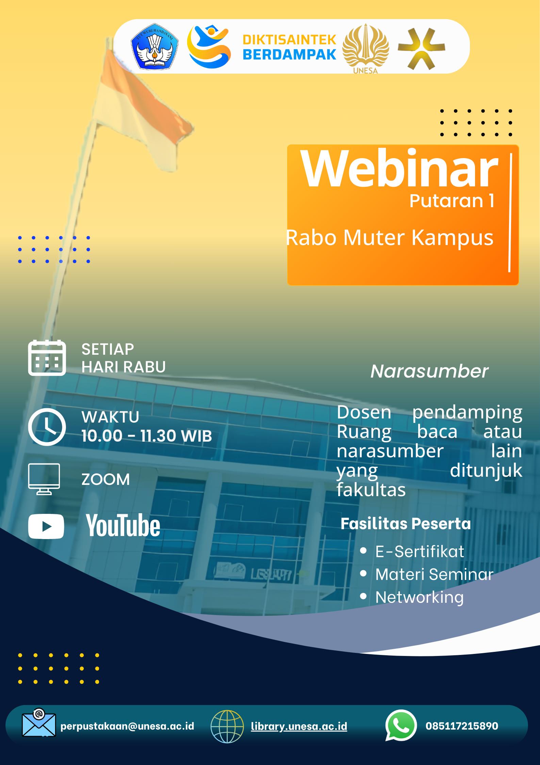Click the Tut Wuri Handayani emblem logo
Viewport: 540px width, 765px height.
(155, 47)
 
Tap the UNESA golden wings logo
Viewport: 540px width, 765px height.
(365, 48)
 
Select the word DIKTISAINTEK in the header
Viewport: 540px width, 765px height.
(290, 40)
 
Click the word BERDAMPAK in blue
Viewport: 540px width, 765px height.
(290, 55)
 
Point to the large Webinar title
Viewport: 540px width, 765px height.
(399, 169)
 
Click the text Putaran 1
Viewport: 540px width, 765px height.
(452, 201)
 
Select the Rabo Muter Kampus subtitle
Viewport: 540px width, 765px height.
(390, 238)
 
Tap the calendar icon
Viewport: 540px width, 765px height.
(47, 358)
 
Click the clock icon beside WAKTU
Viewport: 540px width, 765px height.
(47, 427)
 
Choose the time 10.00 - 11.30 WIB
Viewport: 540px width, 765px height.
(147, 436)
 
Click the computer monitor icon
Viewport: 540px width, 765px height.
(44, 479)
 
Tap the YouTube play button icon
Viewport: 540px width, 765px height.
(46, 526)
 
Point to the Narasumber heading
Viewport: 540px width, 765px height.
(429, 371)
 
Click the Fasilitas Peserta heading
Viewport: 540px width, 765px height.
(406, 524)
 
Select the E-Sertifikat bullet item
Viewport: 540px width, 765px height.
(420, 552)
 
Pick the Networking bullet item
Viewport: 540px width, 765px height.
(420, 597)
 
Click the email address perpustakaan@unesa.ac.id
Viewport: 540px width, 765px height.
(127, 726)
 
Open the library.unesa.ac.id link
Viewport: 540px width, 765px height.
(299, 726)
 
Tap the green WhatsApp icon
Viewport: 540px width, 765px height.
(401, 725)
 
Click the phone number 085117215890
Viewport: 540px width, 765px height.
(462, 726)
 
